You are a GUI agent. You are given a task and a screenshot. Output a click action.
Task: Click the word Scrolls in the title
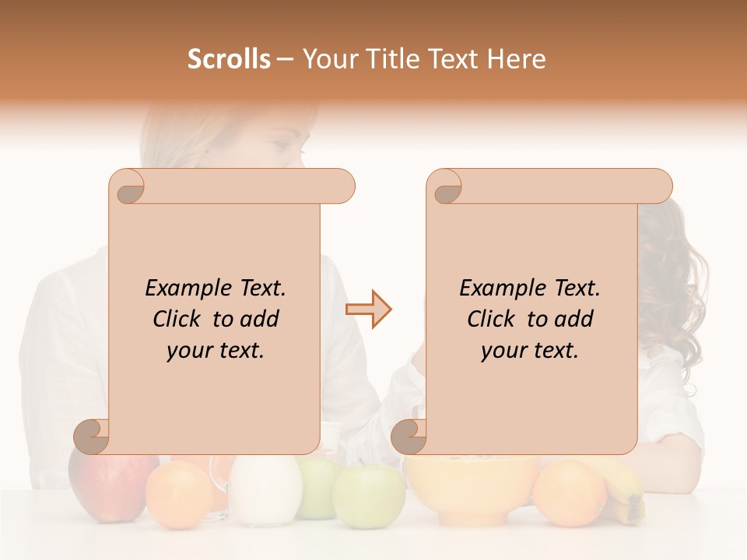click(x=230, y=59)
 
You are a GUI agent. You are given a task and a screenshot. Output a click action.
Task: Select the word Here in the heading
click(x=517, y=59)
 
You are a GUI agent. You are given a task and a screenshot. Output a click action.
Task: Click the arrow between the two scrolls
click(x=368, y=310)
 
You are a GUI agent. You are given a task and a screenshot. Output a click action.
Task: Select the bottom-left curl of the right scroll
click(x=410, y=437)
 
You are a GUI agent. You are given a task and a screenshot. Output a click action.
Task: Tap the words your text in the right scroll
click(x=530, y=351)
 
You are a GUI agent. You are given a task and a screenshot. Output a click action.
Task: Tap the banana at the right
click(x=627, y=490)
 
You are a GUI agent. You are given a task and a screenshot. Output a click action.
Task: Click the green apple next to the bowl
click(x=369, y=495)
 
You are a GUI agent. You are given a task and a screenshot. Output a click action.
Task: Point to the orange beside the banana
click(x=570, y=493)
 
